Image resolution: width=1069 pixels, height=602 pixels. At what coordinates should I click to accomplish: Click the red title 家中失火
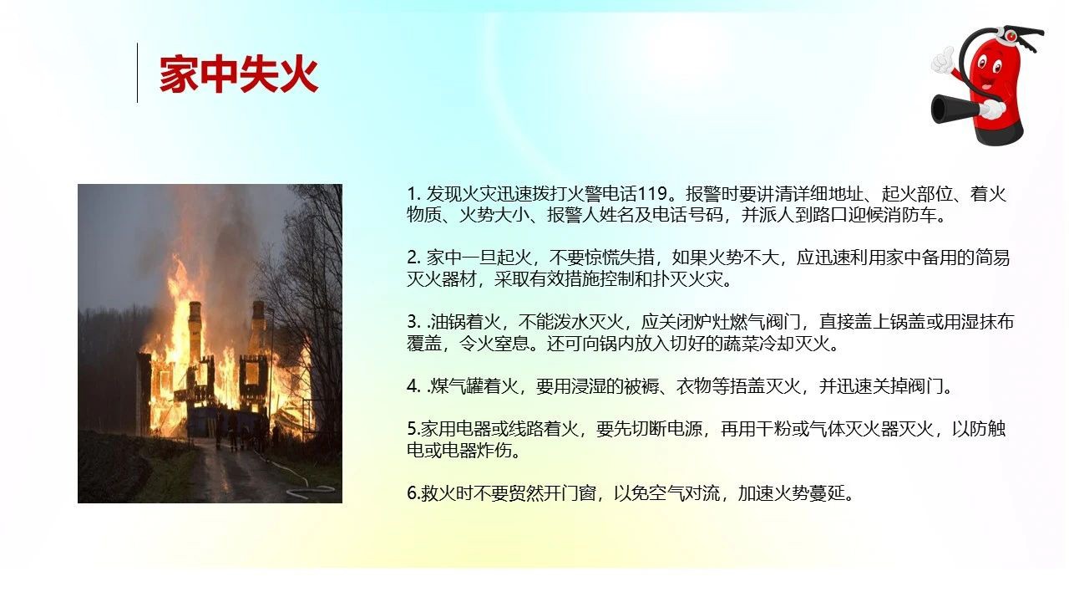click(x=239, y=74)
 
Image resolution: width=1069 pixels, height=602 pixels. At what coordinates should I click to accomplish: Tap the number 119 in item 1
click(x=652, y=194)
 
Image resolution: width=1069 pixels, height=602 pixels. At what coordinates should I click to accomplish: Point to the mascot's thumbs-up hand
click(x=943, y=61)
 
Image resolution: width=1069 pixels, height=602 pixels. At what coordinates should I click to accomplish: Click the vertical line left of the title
click(x=138, y=73)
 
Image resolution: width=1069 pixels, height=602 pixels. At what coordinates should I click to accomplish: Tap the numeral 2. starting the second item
click(x=413, y=258)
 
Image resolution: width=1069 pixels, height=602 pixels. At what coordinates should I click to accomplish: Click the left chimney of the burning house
click(x=195, y=325)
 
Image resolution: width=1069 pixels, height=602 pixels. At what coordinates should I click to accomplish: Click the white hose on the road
click(x=306, y=485)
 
